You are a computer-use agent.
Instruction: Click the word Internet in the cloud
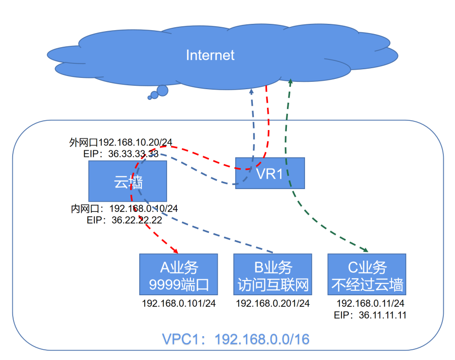210,55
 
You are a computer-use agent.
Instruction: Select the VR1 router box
270,173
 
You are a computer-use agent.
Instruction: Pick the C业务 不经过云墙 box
366,274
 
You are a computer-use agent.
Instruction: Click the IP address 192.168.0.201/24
272,303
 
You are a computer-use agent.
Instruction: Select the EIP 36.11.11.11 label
370,315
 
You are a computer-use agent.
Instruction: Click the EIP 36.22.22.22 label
125,220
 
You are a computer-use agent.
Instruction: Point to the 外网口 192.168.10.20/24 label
121,142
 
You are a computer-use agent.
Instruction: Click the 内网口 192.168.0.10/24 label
124,208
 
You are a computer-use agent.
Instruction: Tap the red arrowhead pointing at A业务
176,250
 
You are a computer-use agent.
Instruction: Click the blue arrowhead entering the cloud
251,91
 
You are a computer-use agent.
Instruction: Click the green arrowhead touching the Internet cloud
290,81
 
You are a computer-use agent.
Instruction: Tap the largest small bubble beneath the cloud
162,90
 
